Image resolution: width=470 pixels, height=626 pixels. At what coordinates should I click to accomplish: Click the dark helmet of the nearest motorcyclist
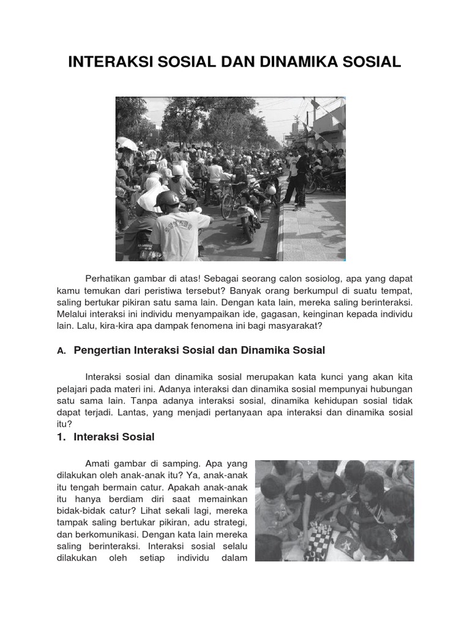pos(167,199)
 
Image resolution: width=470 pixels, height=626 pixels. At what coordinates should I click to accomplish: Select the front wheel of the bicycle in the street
pos(228,207)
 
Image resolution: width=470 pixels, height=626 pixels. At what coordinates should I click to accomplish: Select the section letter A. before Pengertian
pos(61,351)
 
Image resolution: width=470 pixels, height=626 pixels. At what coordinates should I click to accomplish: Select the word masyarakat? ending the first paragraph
pos(293,326)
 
